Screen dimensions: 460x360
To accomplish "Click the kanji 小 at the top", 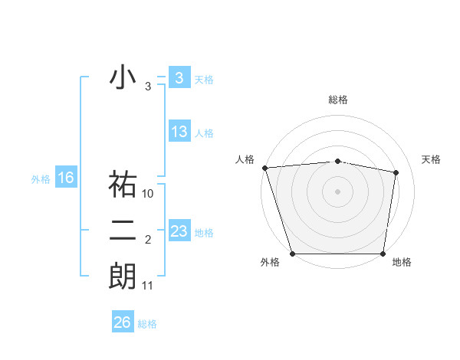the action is [123, 79].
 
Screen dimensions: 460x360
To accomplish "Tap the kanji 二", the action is [123, 231].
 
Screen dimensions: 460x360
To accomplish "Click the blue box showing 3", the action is [179, 78].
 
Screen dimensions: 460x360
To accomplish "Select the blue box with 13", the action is [179, 132].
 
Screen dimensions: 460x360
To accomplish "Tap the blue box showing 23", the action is [179, 231].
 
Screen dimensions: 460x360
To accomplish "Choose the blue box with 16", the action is [66, 178].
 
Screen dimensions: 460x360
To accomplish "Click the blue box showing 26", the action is [122, 322].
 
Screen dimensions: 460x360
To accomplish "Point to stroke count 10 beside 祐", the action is [149, 194].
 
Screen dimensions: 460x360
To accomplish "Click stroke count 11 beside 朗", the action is [149, 286].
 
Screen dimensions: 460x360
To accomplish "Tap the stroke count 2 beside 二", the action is [148, 241].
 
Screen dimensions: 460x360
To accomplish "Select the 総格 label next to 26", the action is [147, 324].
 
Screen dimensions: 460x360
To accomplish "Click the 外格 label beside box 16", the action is [41, 179].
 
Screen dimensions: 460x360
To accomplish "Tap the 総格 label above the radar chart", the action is [338, 100].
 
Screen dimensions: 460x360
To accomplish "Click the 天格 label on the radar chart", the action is [432, 159].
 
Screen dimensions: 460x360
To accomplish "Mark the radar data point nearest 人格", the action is [264, 167].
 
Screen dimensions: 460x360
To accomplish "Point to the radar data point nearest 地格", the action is [383, 254].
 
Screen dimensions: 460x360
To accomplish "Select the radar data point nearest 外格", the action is [293, 254].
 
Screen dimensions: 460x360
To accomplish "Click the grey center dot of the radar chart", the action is [337, 191].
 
